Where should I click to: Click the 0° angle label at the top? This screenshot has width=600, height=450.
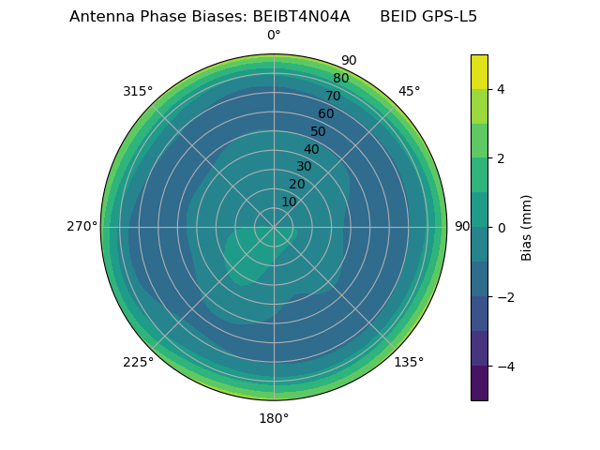[x=274, y=36]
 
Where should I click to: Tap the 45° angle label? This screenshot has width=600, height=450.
[x=409, y=91]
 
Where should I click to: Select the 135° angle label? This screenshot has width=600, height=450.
[x=409, y=362]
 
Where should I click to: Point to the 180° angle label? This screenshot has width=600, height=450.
[x=274, y=418]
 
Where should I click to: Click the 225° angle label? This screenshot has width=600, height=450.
[x=138, y=362]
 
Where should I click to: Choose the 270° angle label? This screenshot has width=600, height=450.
[x=82, y=226]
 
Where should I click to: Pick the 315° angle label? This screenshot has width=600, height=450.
[x=138, y=91]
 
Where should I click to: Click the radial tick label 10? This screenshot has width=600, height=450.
[x=289, y=202]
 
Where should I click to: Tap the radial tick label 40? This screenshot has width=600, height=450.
[x=311, y=149]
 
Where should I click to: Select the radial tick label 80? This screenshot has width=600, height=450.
[x=340, y=78]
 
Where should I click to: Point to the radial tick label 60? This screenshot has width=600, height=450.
[x=325, y=113]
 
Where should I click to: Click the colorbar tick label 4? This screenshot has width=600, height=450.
[x=501, y=89]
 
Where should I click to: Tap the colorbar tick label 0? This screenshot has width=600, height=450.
[x=501, y=227]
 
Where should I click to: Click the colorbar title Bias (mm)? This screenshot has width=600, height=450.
[x=527, y=227]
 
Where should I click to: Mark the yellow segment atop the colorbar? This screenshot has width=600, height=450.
[x=479, y=71]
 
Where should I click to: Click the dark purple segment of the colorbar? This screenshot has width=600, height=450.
[x=479, y=382]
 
